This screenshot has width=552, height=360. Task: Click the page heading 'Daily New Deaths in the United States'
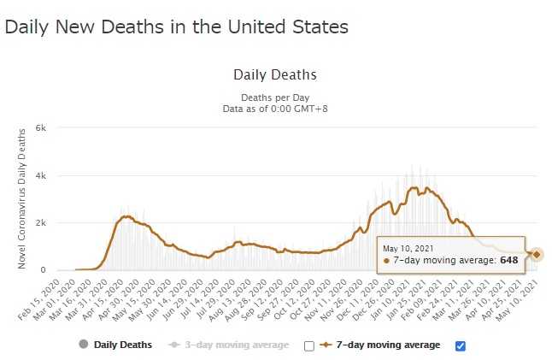(x=177, y=27)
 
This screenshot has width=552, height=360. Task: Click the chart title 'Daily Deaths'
(x=274, y=75)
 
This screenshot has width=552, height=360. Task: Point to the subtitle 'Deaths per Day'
(x=274, y=97)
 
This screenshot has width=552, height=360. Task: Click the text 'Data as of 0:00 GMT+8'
(x=274, y=109)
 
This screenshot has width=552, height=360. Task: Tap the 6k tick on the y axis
(x=39, y=128)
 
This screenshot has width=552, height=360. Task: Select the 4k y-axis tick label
(x=39, y=175)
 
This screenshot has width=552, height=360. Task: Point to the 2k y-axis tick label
(x=39, y=223)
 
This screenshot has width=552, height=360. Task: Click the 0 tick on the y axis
(x=43, y=270)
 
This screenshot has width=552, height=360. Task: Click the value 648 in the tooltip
(x=509, y=259)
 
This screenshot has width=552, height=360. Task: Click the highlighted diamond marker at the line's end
(x=537, y=254)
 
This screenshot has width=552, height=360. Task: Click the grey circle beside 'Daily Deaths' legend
(x=83, y=345)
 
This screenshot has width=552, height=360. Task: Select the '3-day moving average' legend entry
(x=240, y=345)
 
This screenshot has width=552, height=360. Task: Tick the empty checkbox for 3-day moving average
(x=308, y=345)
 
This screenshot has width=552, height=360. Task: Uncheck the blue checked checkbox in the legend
(x=461, y=345)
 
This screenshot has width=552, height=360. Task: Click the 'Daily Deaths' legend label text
(x=123, y=345)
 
